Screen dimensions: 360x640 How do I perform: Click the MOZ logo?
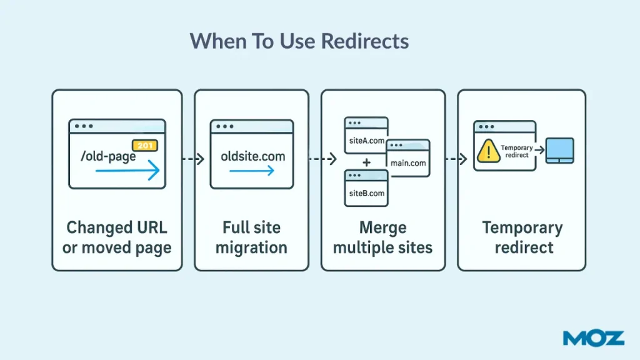point(593,338)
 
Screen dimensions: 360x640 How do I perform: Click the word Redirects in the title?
point(365,41)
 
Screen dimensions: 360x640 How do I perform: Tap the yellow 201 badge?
point(145,146)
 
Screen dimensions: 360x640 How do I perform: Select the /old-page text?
point(108,156)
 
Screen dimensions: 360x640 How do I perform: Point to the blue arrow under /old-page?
point(127,171)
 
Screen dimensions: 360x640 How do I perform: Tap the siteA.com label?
point(366,141)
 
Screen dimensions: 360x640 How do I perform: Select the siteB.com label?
point(366,193)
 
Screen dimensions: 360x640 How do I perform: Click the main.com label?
point(408,163)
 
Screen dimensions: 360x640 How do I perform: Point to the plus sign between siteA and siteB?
point(366,163)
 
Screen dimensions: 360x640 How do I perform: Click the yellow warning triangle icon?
point(486,152)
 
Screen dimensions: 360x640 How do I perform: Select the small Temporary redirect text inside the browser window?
point(517,151)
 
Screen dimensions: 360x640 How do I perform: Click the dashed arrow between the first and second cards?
point(192,159)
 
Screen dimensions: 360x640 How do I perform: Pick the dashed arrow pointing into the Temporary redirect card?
point(456,159)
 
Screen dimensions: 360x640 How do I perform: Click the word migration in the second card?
point(251,247)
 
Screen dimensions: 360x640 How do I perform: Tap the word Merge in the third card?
point(382,227)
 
